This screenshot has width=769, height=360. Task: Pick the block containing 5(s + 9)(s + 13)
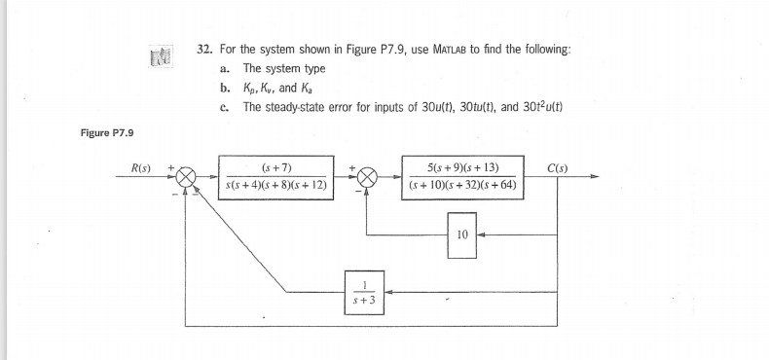(464, 175)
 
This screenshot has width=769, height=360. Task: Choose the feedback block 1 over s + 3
(364, 290)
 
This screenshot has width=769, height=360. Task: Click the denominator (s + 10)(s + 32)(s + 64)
(464, 185)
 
